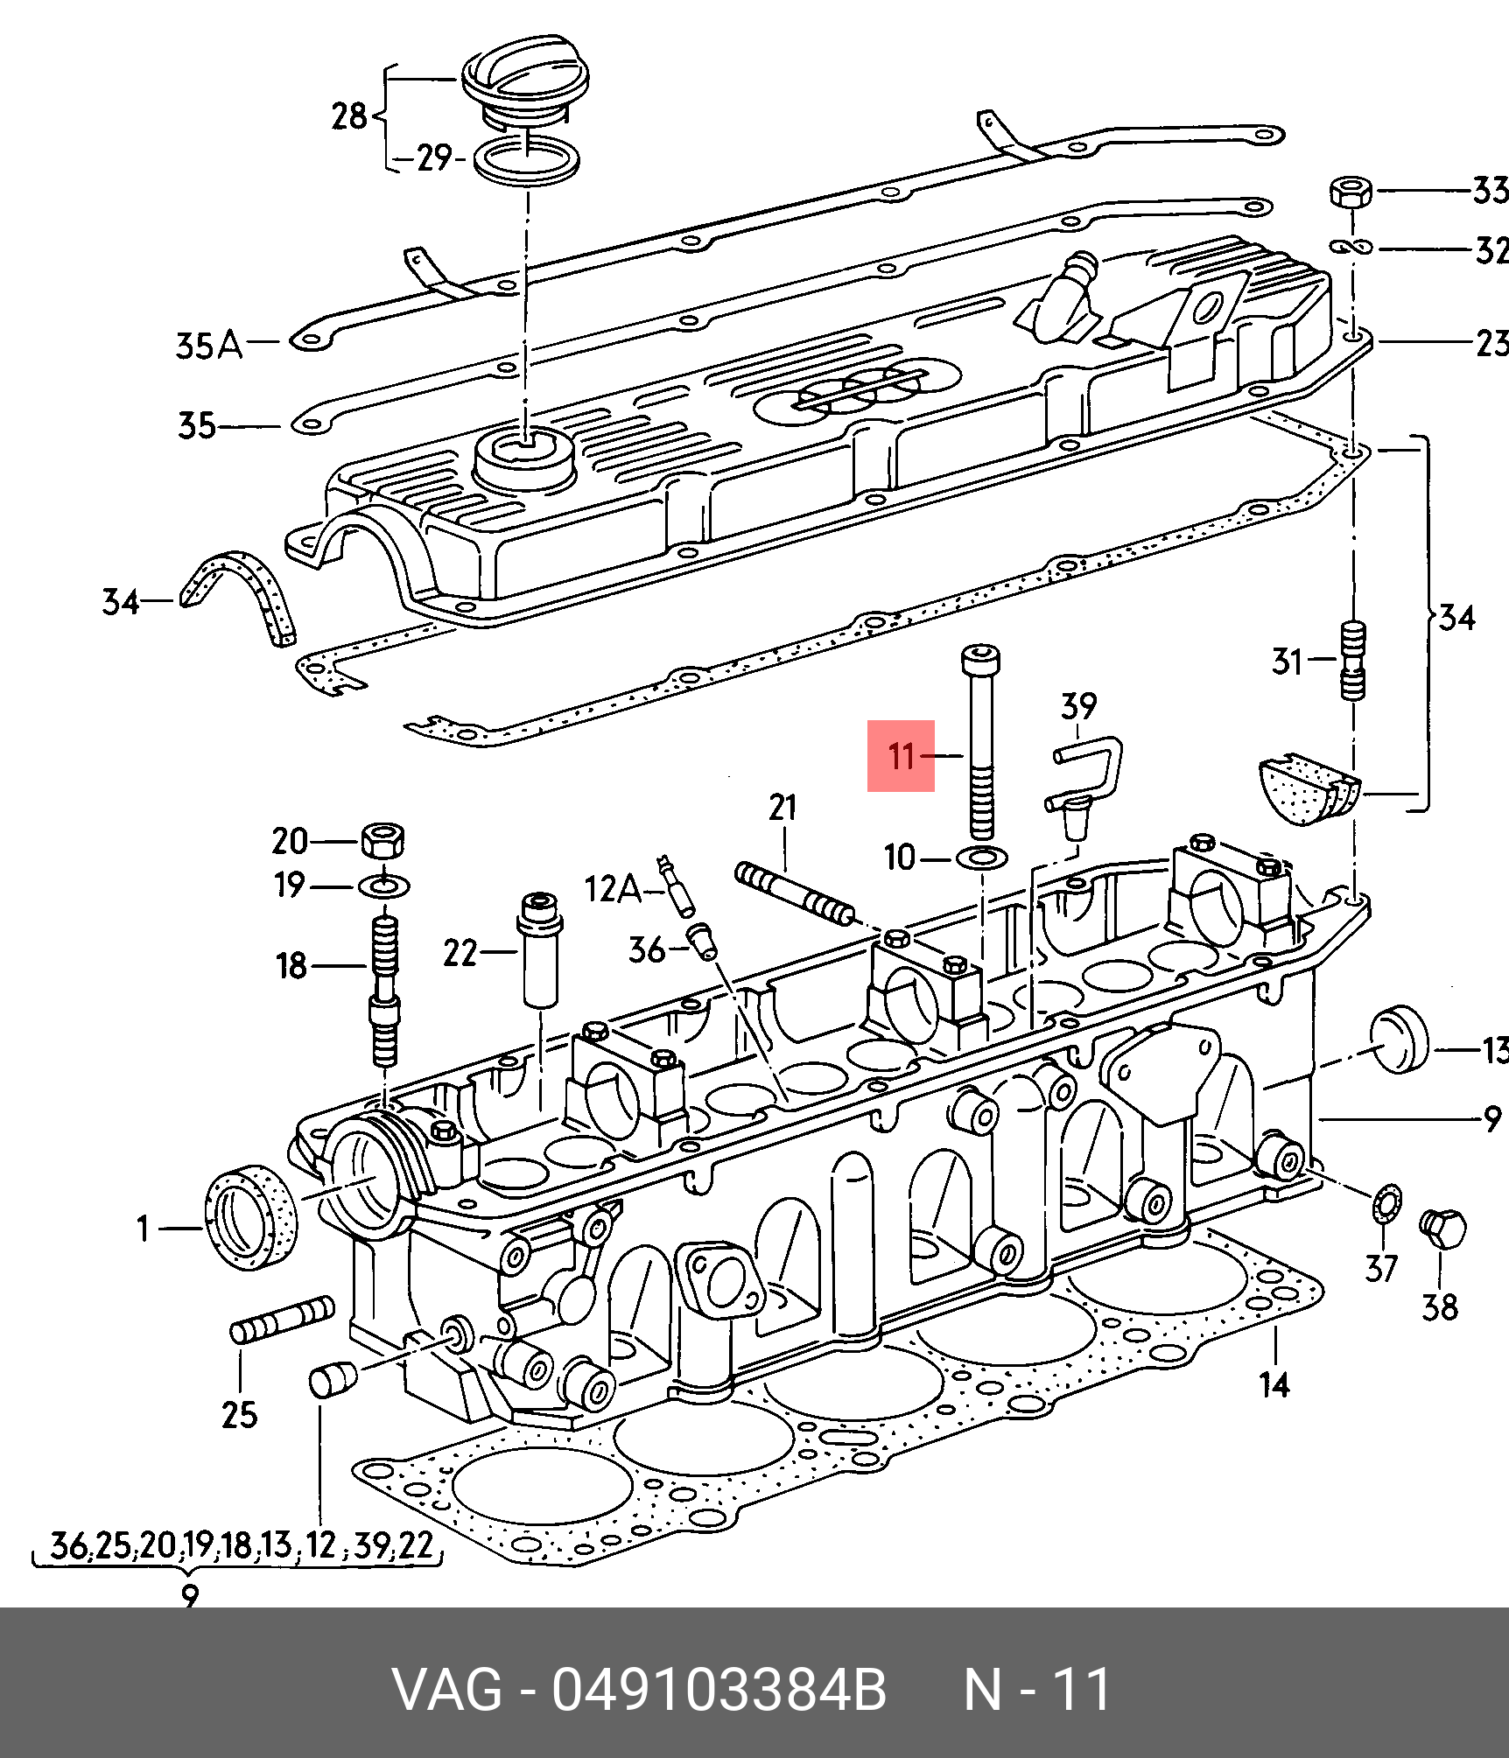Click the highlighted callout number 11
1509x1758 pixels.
[901, 755]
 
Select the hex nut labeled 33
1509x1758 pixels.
[1351, 192]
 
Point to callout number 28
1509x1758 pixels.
[348, 116]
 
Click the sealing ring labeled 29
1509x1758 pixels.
[526, 160]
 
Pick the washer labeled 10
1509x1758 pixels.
[982, 857]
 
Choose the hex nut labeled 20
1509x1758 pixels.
[383, 840]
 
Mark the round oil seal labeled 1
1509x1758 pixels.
[250, 1216]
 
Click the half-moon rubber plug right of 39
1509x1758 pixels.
[1308, 788]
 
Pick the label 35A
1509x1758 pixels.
[208, 347]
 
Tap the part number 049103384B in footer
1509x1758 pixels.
[719, 1690]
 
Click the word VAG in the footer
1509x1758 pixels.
[446, 1690]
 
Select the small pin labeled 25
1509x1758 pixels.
[282, 1319]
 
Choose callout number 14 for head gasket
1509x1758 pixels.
[1274, 1385]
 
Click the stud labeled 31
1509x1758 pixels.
[1352, 660]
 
